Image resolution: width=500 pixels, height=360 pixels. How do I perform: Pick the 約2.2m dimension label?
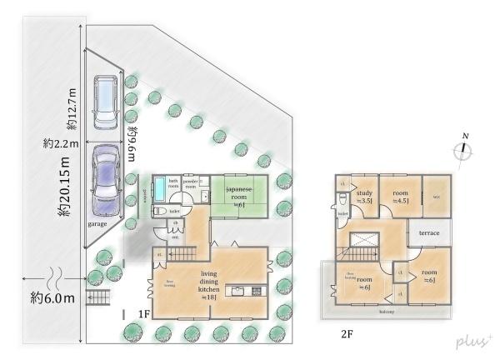[x=60, y=143]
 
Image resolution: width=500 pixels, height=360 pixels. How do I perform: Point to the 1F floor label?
[x=142, y=315]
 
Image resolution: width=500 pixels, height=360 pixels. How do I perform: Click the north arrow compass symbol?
[x=465, y=150]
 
